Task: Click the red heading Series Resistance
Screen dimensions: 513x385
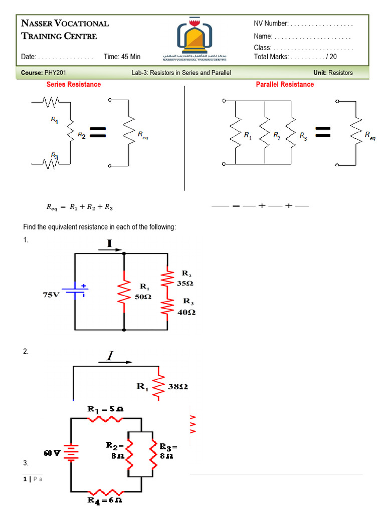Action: click(x=74, y=84)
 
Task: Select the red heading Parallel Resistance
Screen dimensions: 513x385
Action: click(x=285, y=84)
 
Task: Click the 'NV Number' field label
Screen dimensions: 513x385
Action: click(x=271, y=24)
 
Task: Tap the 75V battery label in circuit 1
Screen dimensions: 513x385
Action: click(x=50, y=295)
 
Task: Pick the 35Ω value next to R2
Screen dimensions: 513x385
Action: click(x=185, y=283)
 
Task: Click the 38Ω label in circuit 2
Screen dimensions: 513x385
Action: click(x=178, y=387)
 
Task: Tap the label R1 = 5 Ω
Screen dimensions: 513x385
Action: click(x=105, y=409)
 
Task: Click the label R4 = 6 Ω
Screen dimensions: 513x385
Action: click(x=105, y=500)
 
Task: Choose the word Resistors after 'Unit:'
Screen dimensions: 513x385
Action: click(x=340, y=73)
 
